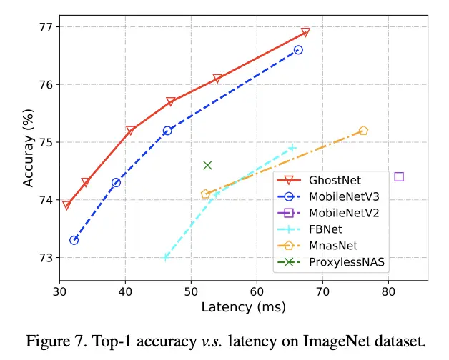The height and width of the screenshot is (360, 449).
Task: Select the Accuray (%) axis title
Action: click(29, 143)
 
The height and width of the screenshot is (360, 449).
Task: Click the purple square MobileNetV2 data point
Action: click(399, 176)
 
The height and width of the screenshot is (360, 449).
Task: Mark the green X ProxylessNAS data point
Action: click(207, 165)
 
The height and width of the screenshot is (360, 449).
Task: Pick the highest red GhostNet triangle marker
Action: click(305, 32)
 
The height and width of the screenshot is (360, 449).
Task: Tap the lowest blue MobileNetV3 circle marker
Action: click(74, 240)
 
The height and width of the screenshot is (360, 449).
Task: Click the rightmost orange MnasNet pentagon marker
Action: click(363, 131)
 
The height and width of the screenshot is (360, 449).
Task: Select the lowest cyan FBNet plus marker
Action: click(166, 257)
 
